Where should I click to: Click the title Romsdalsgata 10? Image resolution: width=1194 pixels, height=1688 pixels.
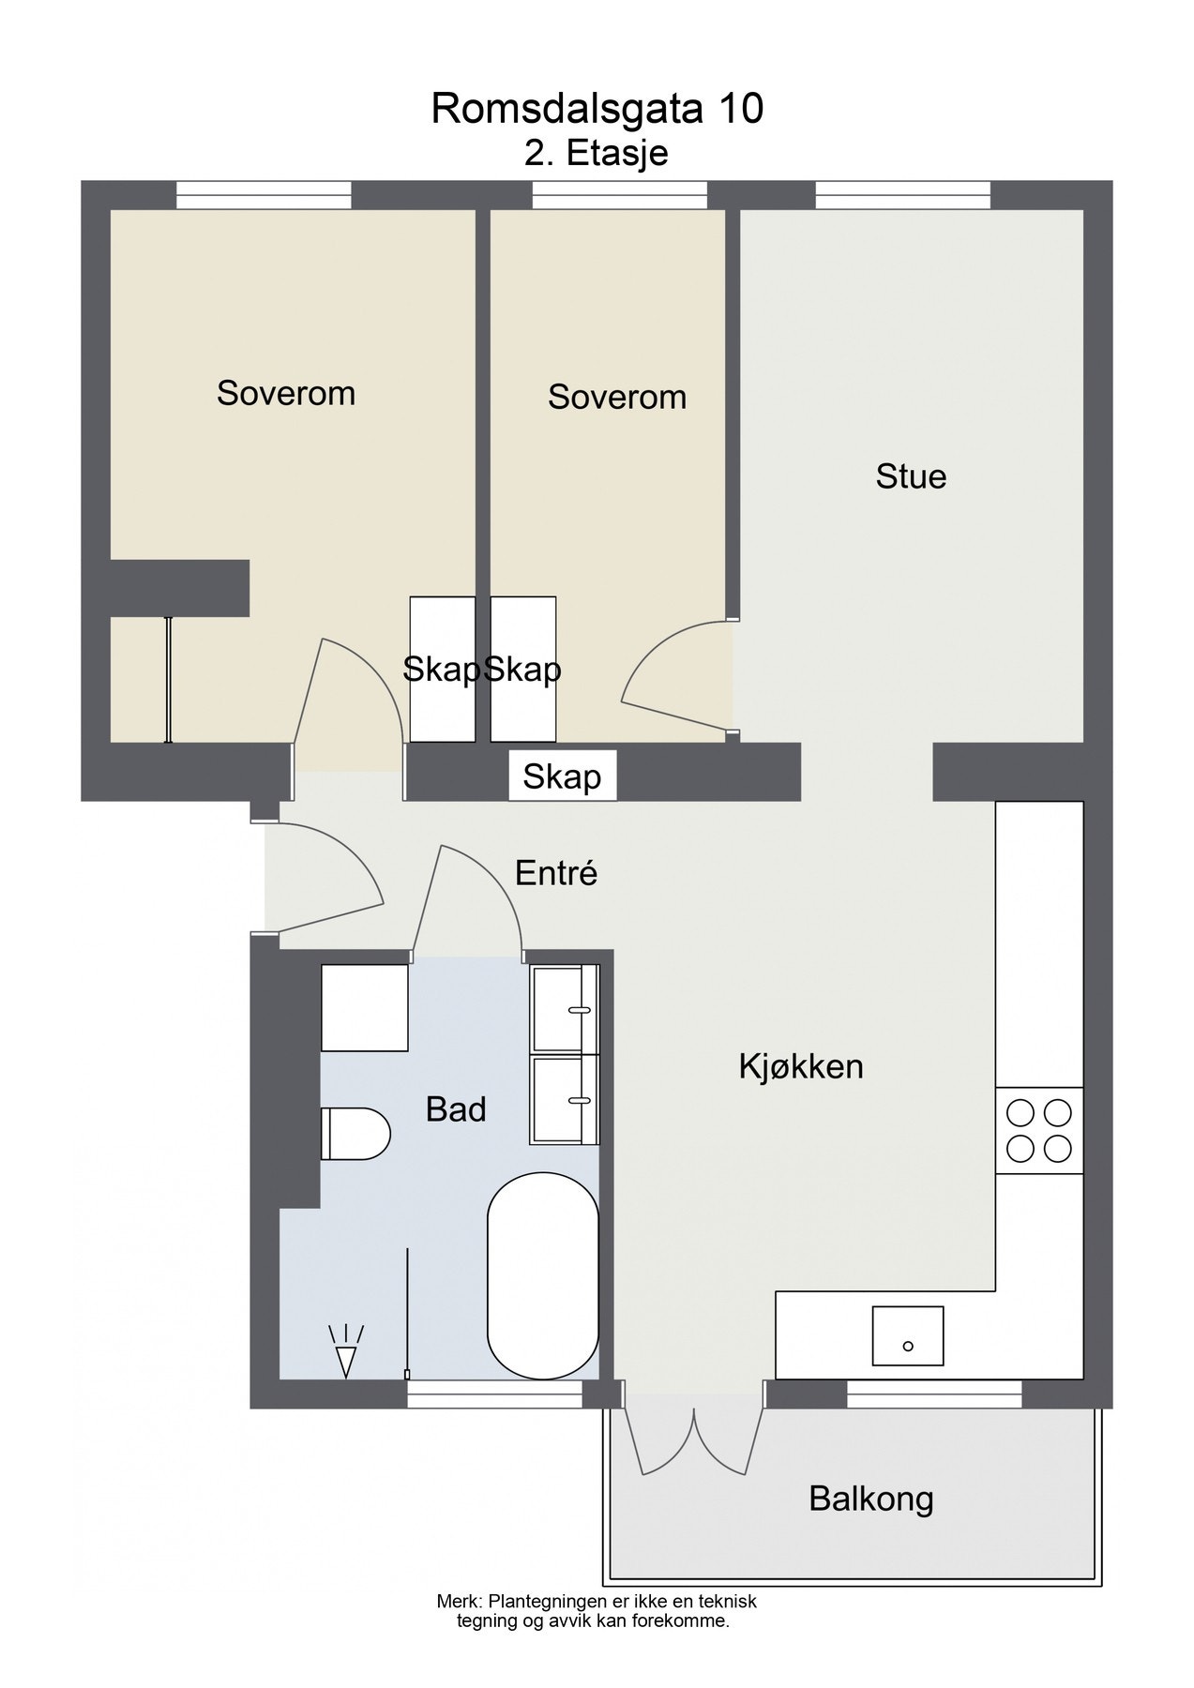[x=597, y=110]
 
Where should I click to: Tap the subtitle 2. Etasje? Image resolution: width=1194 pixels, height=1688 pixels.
[x=597, y=153]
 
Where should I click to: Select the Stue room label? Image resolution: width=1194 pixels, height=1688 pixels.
[x=911, y=476]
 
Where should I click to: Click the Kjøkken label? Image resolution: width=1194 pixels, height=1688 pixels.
[x=800, y=1066]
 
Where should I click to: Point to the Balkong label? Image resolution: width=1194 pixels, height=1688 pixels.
[x=871, y=1499]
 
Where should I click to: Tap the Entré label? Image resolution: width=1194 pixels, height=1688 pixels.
[x=556, y=873]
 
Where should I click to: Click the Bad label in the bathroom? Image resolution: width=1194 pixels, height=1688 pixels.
[x=456, y=1109]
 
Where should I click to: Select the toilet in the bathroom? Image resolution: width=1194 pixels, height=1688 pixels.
[x=355, y=1133]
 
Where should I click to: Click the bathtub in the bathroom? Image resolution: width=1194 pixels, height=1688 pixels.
[x=543, y=1275]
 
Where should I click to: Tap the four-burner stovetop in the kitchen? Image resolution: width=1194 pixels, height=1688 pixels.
[x=1038, y=1130]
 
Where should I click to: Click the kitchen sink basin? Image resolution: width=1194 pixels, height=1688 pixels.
[x=907, y=1335]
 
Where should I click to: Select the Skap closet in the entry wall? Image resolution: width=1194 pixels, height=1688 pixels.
[x=562, y=776]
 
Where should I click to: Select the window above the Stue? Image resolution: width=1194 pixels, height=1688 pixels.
[x=902, y=195]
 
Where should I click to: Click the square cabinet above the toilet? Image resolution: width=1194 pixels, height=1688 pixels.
[x=365, y=1007]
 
